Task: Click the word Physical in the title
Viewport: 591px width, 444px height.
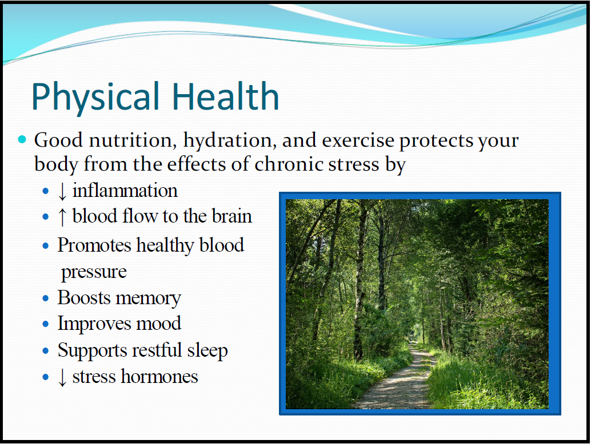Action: pos(95,96)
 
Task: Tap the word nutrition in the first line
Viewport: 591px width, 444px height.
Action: pos(133,140)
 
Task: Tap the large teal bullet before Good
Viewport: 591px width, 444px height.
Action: pos(22,140)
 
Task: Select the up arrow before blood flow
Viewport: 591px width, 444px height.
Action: pos(62,217)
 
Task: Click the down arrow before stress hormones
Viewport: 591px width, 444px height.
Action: pos(62,378)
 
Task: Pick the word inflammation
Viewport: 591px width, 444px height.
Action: pos(125,191)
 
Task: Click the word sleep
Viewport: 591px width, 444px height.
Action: pos(207,350)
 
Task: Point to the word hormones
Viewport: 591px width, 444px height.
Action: pos(159,376)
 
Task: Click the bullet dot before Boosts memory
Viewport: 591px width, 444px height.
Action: pos(46,299)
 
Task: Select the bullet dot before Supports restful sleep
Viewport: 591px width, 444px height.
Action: pos(46,351)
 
